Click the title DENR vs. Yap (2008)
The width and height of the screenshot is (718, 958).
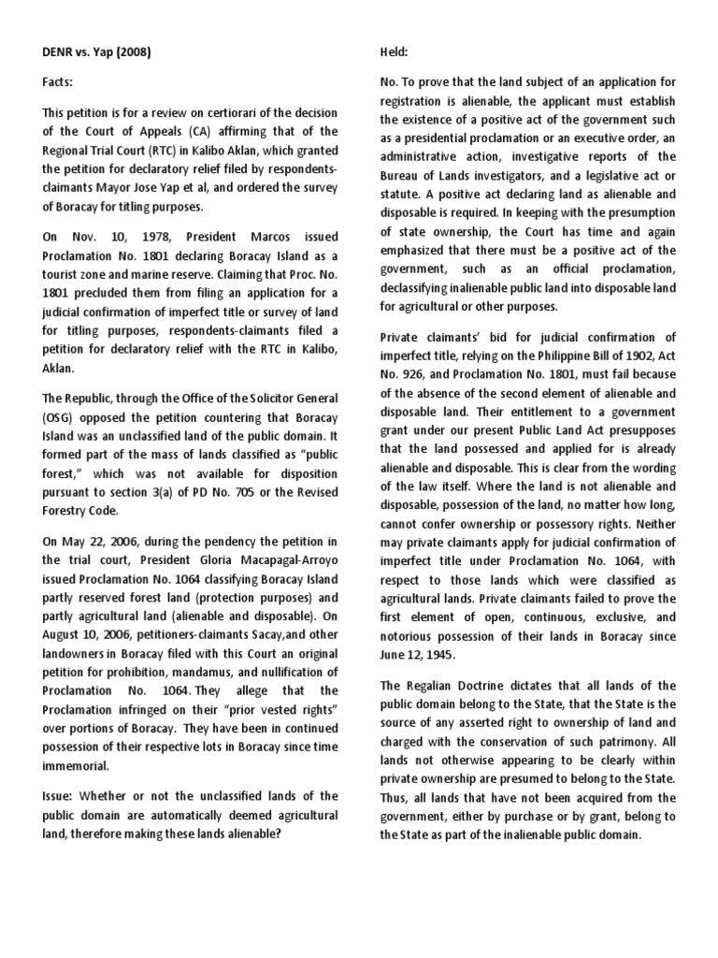96,52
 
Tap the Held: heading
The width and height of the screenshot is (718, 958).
395,52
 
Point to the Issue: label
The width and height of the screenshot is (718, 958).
61,796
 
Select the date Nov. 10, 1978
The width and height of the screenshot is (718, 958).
106,238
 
